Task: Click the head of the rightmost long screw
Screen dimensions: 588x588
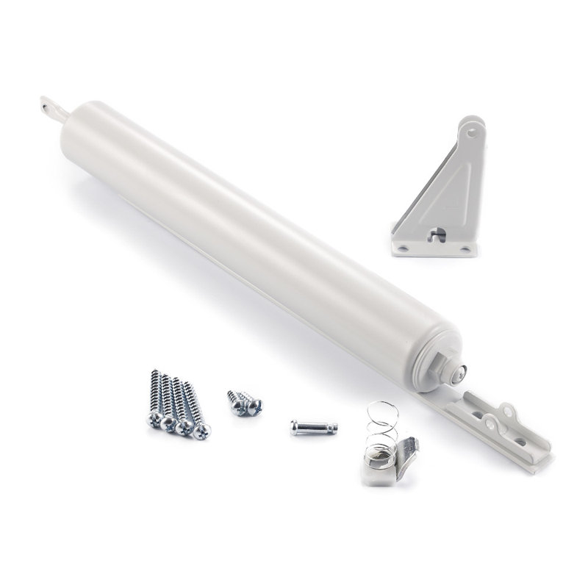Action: pos(202,431)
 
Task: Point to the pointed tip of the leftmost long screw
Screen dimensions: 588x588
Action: pos(155,373)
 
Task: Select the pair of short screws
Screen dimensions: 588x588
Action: pos(244,403)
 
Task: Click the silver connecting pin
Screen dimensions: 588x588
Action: pos(313,427)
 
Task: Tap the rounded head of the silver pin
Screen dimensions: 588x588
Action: pos(295,427)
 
